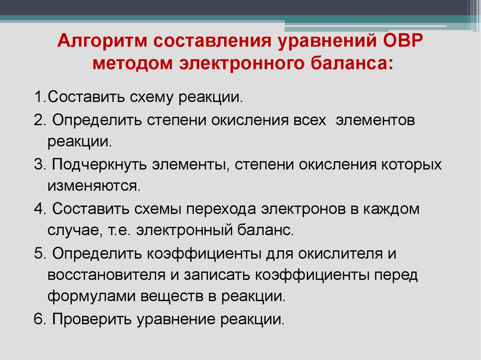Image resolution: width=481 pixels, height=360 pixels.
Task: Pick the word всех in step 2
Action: coord(308,120)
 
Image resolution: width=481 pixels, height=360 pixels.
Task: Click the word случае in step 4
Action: coord(66,230)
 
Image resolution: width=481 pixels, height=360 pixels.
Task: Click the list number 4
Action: coord(38,208)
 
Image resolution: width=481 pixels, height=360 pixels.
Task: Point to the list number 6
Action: coord(38,319)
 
